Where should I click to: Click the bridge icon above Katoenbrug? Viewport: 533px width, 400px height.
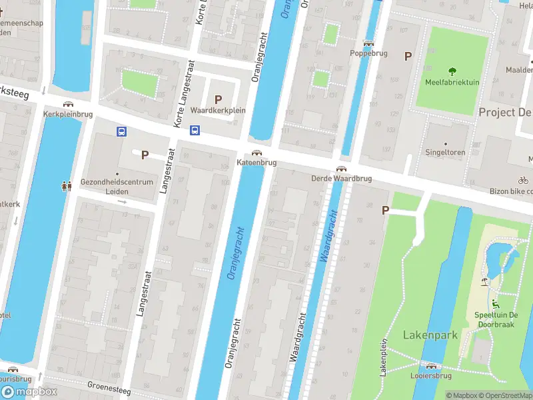257,153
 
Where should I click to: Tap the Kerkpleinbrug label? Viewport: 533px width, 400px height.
67,114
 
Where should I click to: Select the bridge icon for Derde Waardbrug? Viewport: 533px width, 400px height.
341,169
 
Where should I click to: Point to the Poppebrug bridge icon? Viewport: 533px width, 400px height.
368,43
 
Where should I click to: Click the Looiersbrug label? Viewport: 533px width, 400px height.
431,376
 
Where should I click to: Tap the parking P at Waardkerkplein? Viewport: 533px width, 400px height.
218,99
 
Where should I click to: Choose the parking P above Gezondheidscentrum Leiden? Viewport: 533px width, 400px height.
145,155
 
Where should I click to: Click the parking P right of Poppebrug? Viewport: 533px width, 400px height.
408,57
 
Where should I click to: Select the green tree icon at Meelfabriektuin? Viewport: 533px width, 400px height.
453,71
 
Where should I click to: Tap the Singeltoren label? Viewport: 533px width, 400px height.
446,152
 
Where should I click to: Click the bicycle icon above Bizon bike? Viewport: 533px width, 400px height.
523,180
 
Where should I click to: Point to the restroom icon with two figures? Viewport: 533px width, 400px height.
67,186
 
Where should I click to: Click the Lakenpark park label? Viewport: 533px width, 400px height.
430,335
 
